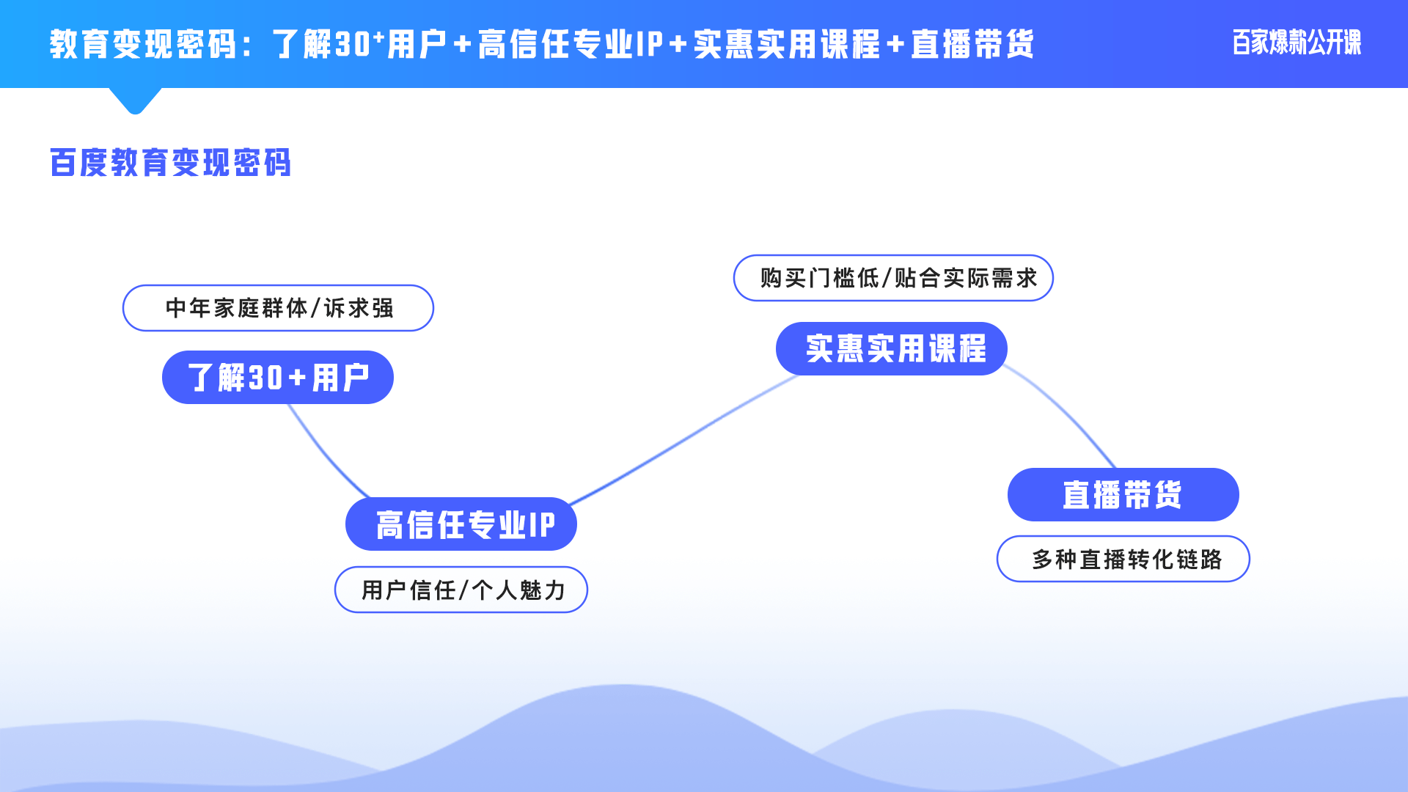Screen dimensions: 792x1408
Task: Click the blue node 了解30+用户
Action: tap(277, 378)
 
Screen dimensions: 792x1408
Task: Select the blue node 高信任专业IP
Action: tap(461, 524)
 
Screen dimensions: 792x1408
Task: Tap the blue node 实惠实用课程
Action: tap(891, 348)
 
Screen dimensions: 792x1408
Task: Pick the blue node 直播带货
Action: tap(1123, 495)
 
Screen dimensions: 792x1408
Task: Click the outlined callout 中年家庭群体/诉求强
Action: tap(278, 308)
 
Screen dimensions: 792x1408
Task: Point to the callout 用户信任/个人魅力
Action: tap(461, 590)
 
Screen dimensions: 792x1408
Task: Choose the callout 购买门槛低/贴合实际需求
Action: tap(893, 278)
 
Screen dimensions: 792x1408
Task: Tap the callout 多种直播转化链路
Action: tap(1123, 559)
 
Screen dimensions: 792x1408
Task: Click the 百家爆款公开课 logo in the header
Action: tap(1296, 43)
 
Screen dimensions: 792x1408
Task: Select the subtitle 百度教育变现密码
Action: tap(170, 163)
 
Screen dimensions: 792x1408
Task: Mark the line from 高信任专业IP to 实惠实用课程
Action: tap(682, 440)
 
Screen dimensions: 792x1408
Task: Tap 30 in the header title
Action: tap(353, 45)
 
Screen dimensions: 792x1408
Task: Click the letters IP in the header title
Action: tap(650, 45)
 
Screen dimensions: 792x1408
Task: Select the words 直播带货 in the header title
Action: tap(972, 45)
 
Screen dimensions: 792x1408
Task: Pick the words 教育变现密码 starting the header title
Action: tap(142, 45)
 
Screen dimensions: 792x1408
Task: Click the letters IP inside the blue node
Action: tap(541, 525)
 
